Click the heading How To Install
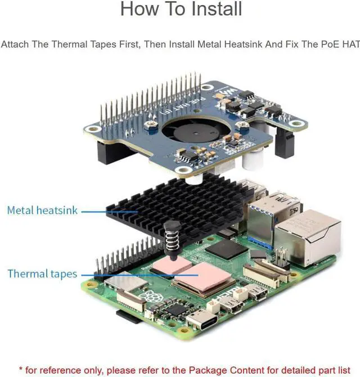pyautogui.click(x=181, y=10)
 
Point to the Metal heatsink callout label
pyautogui.click(x=42, y=210)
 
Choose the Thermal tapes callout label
pyautogui.click(x=42, y=274)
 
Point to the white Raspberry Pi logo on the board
pyautogui.click(x=148, y=298)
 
